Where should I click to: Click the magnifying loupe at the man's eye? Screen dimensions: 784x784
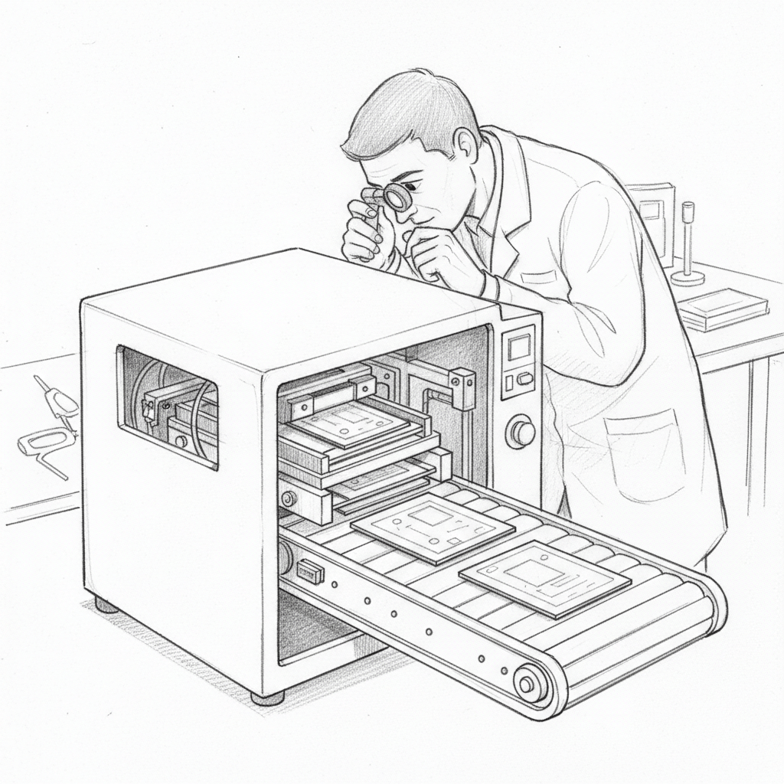point(396,198)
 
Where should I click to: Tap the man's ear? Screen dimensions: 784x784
point(465,145)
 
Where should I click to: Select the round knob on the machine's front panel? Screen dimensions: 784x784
point(521,431)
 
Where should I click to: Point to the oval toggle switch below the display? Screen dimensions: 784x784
point(524,378)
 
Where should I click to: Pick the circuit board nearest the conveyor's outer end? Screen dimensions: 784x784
point(544,578)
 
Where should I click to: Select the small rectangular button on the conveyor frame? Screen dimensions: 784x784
point(310,570)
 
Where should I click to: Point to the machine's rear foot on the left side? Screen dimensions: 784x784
point(106,605)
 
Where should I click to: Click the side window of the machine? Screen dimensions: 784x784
point(167,406)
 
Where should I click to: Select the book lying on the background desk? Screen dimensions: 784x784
point(722,309)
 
